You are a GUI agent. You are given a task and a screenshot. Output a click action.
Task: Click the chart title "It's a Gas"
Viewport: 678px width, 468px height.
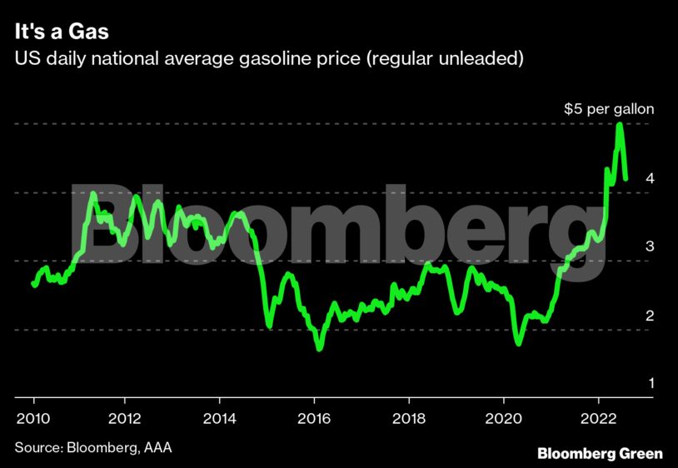pos(60,33)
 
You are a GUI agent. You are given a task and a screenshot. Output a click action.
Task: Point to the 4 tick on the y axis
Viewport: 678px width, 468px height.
pos(649,178)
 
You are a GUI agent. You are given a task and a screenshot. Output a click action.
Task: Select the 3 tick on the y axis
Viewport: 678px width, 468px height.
pos(649,246)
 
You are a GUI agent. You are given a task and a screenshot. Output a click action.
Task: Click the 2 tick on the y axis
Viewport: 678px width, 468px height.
pos(649,316)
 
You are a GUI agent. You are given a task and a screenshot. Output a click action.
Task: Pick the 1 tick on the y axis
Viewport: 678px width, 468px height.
pos(649,384)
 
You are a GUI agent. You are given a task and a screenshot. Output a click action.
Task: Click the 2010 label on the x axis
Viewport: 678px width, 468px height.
pos(32,417)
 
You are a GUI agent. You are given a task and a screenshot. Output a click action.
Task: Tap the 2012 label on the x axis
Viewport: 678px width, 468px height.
pos(125,417)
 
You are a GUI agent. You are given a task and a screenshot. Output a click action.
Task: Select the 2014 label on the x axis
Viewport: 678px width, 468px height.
pos(219,417)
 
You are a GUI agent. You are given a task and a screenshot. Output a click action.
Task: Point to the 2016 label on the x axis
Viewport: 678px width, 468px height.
pos(314,417)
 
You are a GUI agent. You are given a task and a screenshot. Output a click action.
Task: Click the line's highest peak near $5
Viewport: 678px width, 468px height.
pos(620,125)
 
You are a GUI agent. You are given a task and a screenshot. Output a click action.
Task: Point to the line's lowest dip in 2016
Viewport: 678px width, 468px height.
pos(319,347)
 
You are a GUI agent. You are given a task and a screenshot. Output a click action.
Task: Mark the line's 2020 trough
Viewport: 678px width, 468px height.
pos(518,342)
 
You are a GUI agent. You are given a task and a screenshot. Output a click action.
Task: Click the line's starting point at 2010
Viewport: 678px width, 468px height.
pos(33,284)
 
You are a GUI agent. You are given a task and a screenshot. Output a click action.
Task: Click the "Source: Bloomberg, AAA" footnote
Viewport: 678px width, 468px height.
pos(93,448)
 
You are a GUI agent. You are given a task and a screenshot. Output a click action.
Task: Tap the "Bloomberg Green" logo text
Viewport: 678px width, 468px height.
pos(600,453)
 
